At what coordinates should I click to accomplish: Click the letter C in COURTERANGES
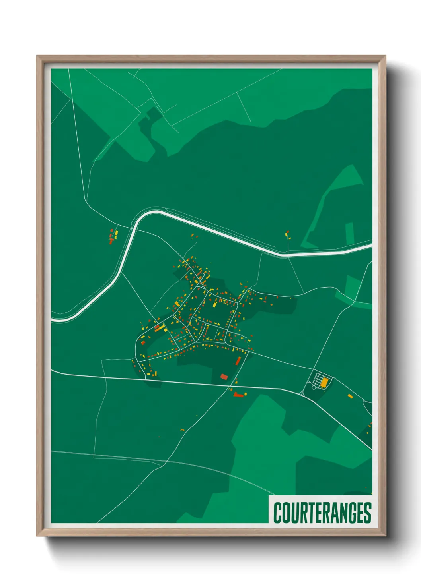278,513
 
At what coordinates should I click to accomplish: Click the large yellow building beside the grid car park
325,382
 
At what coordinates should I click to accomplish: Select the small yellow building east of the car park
350,395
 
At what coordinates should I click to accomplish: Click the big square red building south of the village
224,377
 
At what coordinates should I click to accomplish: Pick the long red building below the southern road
238,395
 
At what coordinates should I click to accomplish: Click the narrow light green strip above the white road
349,234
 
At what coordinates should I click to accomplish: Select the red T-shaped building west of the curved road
111,241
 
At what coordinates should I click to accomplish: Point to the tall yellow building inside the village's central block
215,305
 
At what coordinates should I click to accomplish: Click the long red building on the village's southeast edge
238,361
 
